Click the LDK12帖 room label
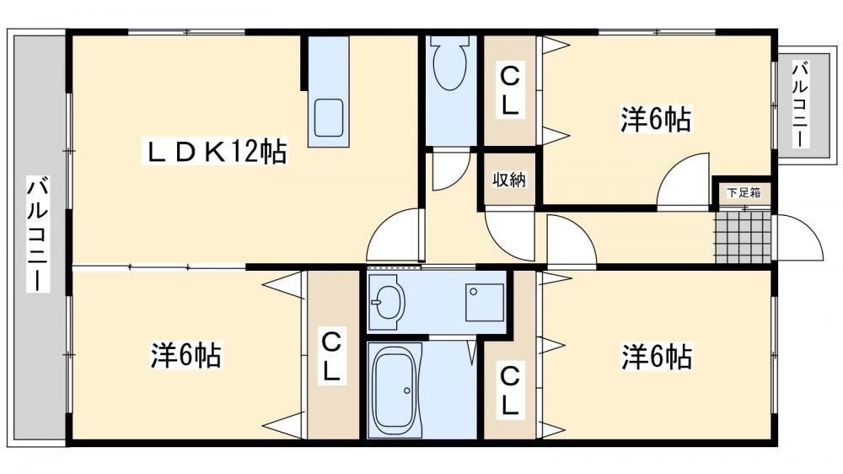click(x=216, y=151)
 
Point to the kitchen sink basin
click(x=329, y=118)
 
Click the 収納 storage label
click(x=509, y=180)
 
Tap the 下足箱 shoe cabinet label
click(x=744, y=192)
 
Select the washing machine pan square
click(x=485, y=303)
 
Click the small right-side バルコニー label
click(x=801, y=105)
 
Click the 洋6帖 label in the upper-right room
click(x=655, y=119)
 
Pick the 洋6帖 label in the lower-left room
click(x=185, y=355)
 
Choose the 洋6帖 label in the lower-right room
click(x=657, y=356)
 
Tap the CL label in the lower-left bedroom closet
click(x=330, y=356)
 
